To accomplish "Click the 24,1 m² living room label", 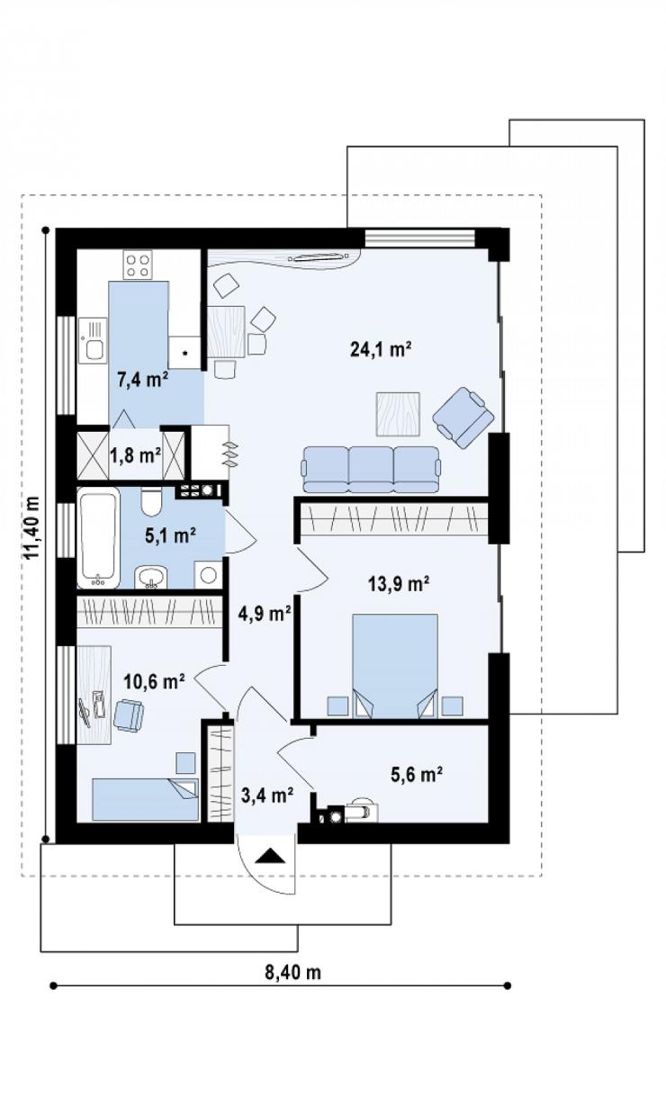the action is coord(381,349).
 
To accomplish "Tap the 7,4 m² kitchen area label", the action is coord(143,380).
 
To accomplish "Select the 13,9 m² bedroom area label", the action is coord(399,584).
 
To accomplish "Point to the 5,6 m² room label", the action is coord(416,775).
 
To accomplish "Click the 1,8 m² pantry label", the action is coord(135,455).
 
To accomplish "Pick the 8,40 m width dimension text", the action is coord(292,972).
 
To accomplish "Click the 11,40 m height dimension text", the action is coord(32,527).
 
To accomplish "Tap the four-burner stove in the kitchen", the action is coord(138,265).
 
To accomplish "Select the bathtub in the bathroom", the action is coord(99,537).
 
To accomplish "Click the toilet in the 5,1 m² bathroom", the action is coord(150,501).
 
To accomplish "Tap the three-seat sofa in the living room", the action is coord(371,469).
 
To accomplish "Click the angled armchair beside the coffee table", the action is coord(463,418).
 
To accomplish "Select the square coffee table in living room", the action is coord(398,414).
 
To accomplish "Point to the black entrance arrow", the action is coord(271,855).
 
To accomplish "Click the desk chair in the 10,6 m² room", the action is coord(129,715).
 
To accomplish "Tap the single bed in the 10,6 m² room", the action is coord(145,799).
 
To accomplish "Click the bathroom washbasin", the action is coord(151,577).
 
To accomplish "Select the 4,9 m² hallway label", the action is coord(264,614).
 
